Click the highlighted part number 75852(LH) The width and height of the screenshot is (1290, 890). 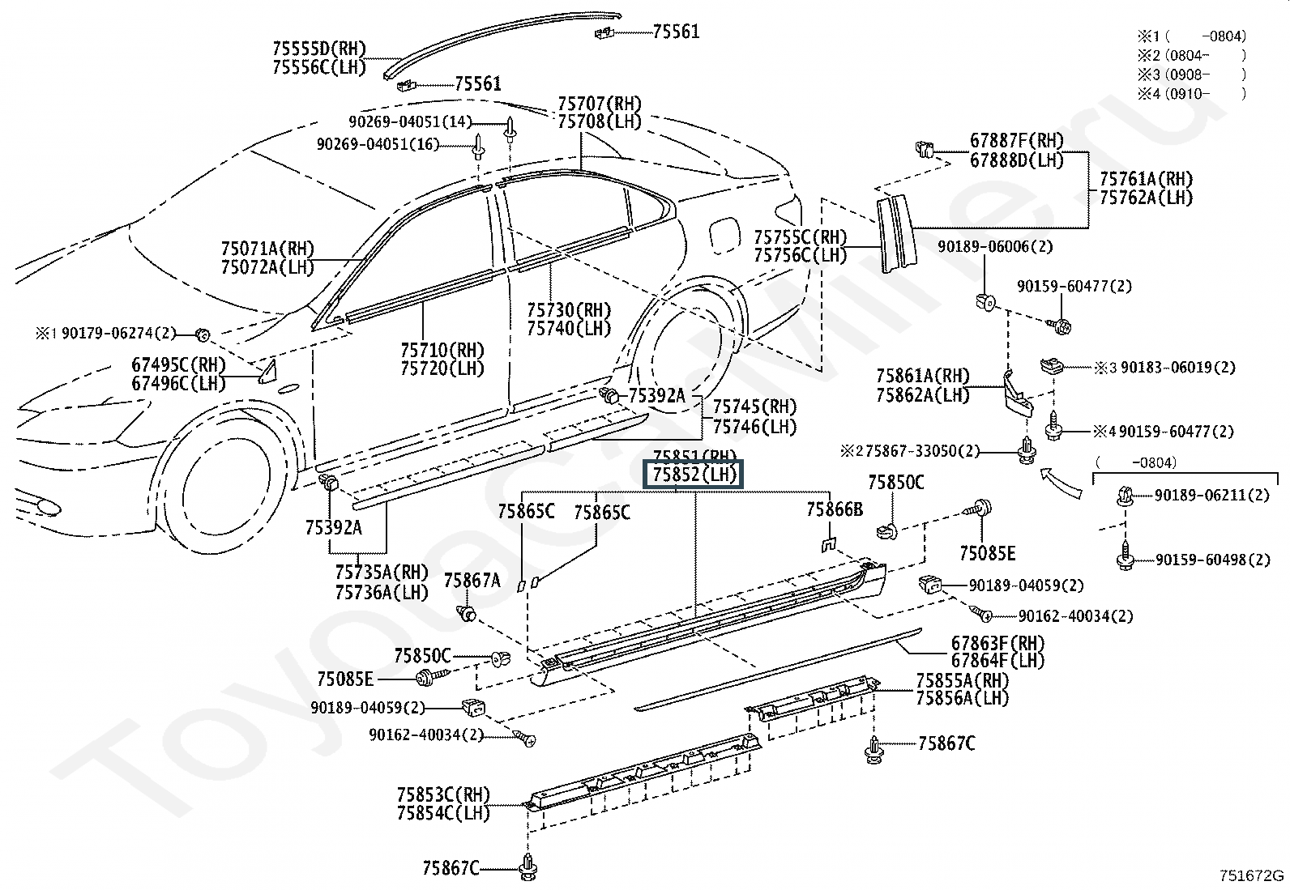[x=694, y=475]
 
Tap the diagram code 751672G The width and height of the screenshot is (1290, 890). [x=1251, y=875]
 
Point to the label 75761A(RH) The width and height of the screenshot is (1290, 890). [x=1146, y=179]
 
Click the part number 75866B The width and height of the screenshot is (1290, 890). [x=835, y=509]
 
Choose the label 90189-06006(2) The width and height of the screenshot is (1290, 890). [x=995, y=247]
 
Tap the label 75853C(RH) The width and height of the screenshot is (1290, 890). [x=443, y=795]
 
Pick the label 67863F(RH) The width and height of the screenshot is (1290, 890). [x=997, y=642]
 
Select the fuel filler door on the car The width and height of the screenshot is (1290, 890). [x=724, y=234]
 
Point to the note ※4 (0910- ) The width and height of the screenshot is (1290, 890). [x=1191, y=93]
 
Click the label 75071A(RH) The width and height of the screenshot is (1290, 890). [x=267, y=249]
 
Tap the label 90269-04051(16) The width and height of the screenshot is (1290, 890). [x=378, y=144]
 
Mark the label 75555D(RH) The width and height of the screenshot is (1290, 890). [x=319, y=49]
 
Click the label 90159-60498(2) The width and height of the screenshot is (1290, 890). [x=1213, y=560]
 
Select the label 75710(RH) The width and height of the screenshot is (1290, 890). [x=442, y=350]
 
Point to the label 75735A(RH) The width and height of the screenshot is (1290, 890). [x=382, y=573]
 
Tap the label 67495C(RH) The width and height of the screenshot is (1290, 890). [x=178, y=364]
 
